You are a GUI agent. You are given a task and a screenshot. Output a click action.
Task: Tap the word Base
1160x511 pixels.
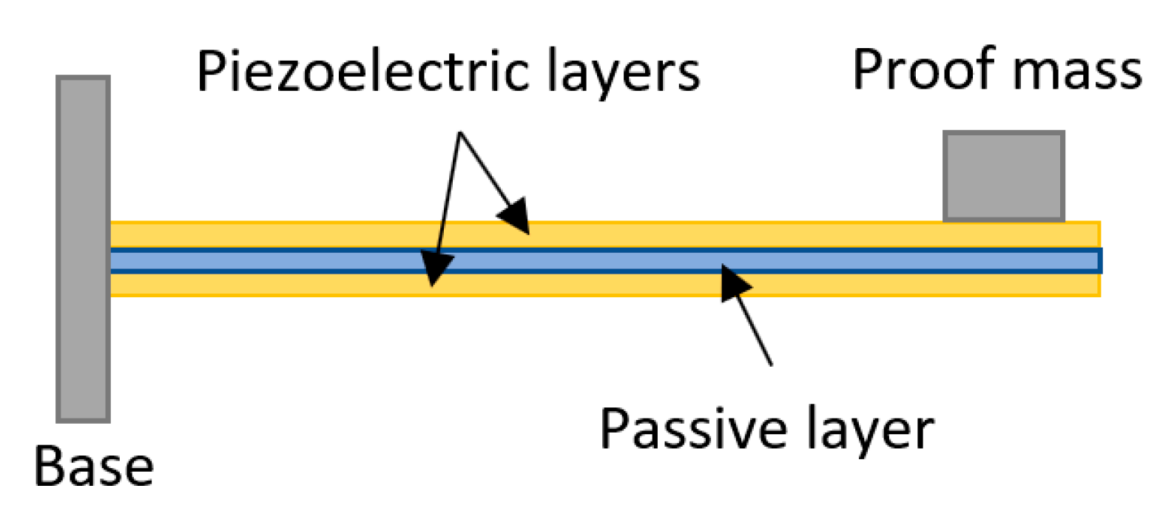pyautogui.click(x=94, y=467)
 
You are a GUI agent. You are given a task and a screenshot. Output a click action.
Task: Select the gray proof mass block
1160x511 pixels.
pyautogui.click(x=1003, y=176)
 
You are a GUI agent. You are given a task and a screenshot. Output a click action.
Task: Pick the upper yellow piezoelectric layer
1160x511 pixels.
pyautogui.click(x=666, y=234)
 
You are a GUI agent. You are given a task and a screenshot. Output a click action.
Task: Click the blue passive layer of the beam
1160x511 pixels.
pyautogui.click(x=592, y=260)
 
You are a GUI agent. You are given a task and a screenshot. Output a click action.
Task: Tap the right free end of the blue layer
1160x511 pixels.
pyautogui.click(x=1098, y=260)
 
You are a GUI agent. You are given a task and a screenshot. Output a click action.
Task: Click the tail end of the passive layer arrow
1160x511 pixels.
pyautogui.click(x=772, y=365)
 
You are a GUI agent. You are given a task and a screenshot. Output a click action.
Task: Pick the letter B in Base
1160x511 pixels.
pyautogui.click(x=51, y=467)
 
